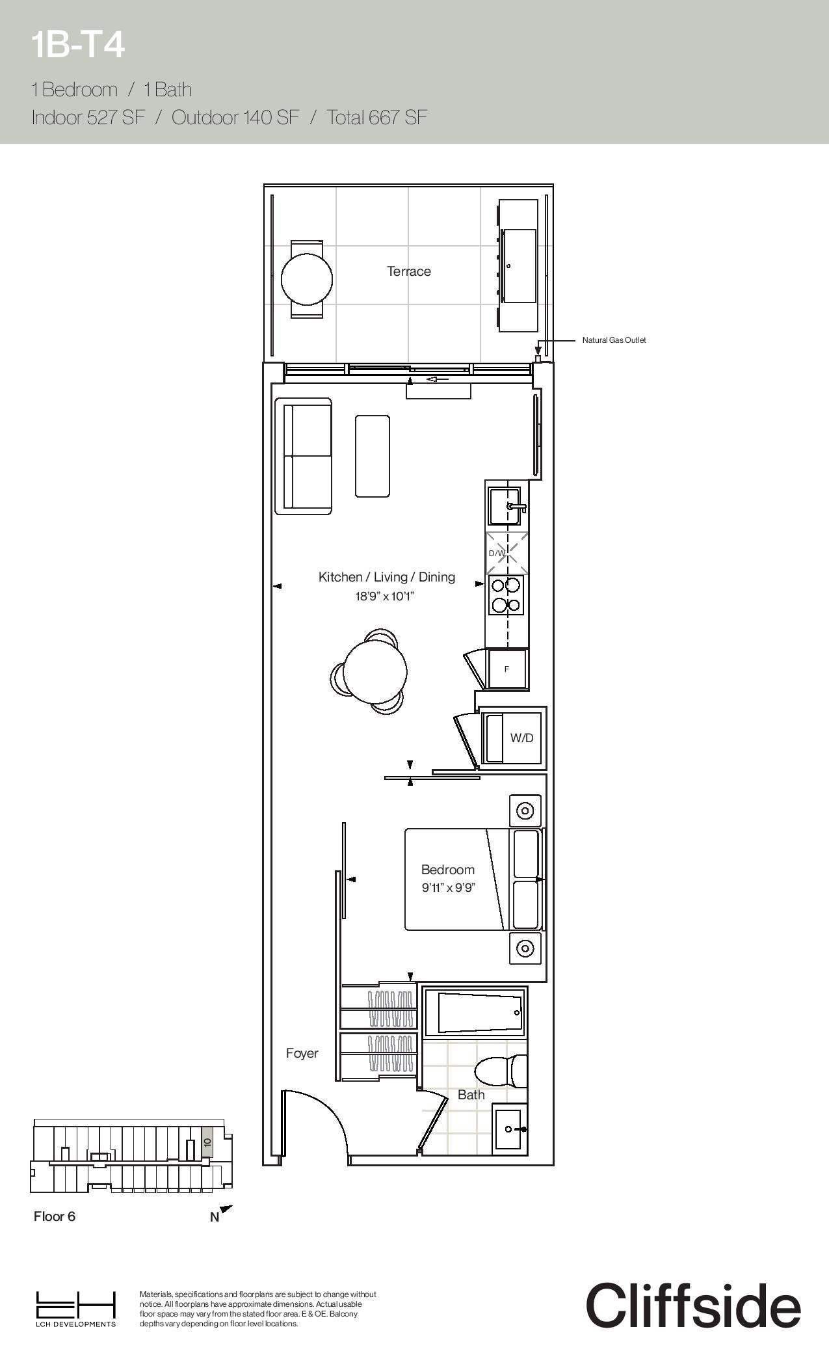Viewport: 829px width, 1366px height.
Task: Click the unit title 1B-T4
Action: click(x=77, y=46)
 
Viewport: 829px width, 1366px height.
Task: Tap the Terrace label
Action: click(x=409, y=271)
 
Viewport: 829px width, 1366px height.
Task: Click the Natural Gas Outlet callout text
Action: click(x=614, y=340)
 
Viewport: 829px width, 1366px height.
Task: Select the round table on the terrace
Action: click(x=307, y=279)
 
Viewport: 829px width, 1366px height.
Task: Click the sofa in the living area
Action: click(x=304, y=456)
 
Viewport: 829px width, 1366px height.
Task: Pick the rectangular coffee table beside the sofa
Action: click(x=373, y=456)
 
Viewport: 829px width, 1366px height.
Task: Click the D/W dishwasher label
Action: click(x=497, y=554)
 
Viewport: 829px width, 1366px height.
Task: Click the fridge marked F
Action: click(x=507, y=669)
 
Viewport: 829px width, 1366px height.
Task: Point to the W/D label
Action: click(x=521, y=738)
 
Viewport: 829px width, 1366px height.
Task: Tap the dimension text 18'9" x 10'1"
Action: click(x=385, y=595)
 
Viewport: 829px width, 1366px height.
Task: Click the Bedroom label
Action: click(x=448, y=870)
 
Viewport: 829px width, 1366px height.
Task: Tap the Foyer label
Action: click(x=302, y=1053)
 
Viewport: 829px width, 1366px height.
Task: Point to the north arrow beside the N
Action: click(x=226, y=1209)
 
